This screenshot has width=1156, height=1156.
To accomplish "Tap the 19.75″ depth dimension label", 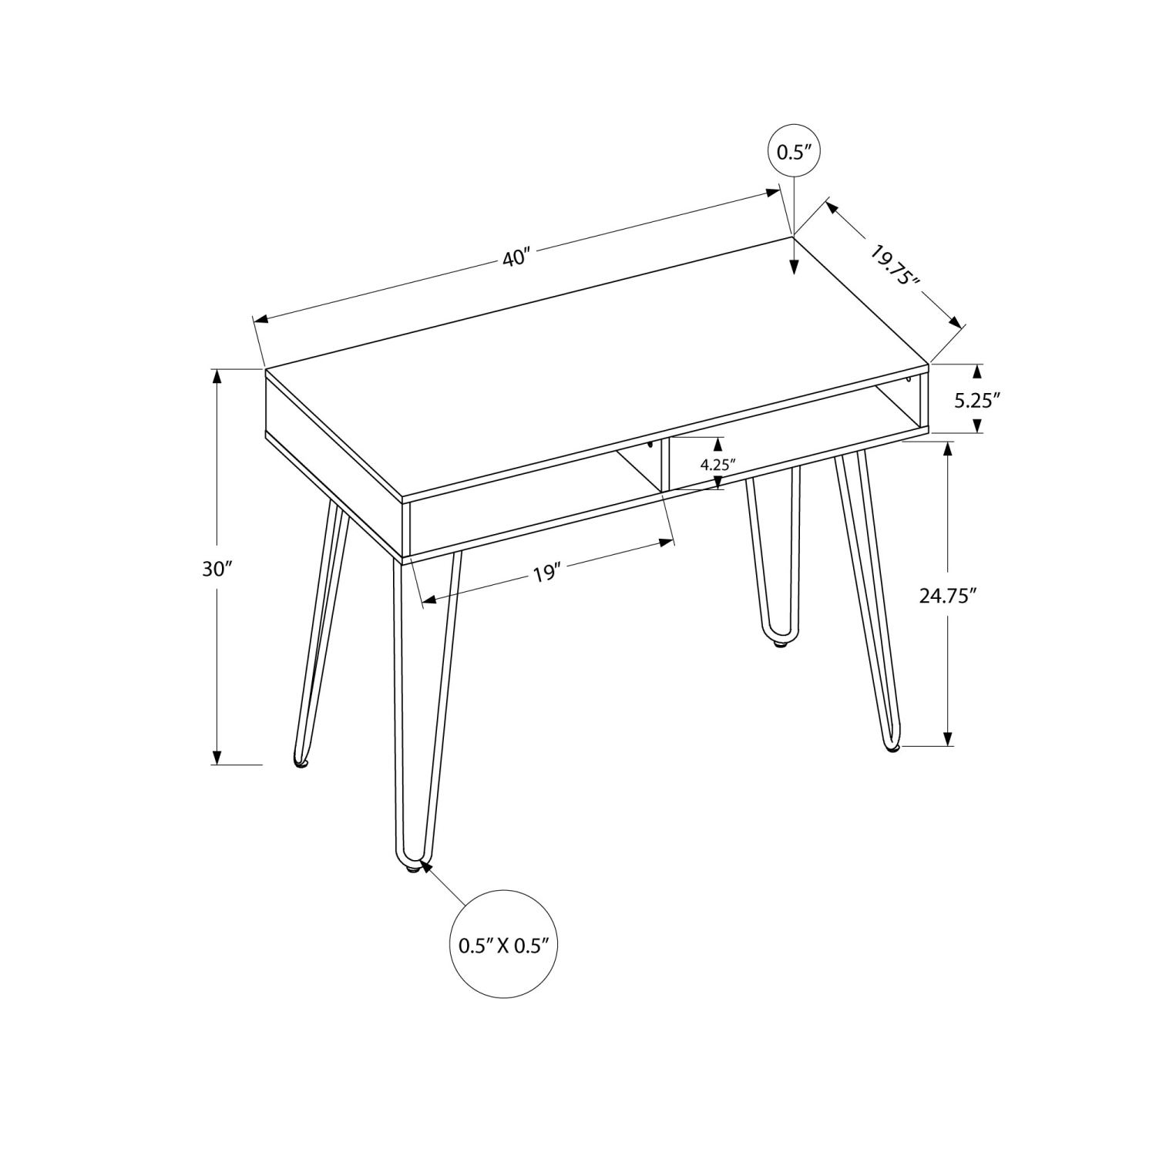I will point(895,265).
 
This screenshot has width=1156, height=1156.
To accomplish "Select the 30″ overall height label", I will point(217,569).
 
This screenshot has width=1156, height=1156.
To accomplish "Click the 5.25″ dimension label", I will point(977,399).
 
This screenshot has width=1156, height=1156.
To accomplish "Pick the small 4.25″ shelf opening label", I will point(717,464).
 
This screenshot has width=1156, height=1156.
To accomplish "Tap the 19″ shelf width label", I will point(545,573).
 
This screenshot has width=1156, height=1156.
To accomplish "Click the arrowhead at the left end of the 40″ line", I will point(261,319).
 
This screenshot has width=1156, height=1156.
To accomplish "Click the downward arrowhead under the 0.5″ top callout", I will point(794,267).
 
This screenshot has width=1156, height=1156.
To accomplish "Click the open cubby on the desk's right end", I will point(902,405).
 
